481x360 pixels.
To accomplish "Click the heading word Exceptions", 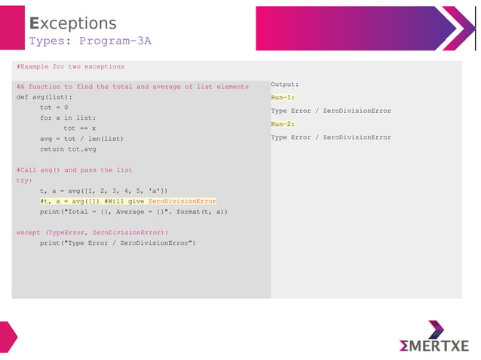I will [x=72, y=23].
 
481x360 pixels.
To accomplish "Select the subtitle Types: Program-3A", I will [x=90, y=41].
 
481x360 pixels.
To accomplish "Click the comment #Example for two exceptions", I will [x=70, y=66].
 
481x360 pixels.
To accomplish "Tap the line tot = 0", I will [x=54, y=107].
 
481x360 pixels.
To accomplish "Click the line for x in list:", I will [x=68, y=117].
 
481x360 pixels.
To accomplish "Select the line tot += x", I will [x=79, y=128].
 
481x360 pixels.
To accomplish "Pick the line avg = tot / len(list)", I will [x=81, y=139].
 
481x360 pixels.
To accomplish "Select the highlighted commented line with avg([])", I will [x=128, y=201].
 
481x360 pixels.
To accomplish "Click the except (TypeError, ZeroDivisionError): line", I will [x=93, y=233].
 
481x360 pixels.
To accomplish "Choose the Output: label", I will [x=285, y=84].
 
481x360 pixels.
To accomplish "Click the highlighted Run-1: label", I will [x=283, y=97].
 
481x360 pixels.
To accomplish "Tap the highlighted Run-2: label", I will [x=283, y=124].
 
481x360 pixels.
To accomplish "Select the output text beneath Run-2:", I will [x=331, y=137].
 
